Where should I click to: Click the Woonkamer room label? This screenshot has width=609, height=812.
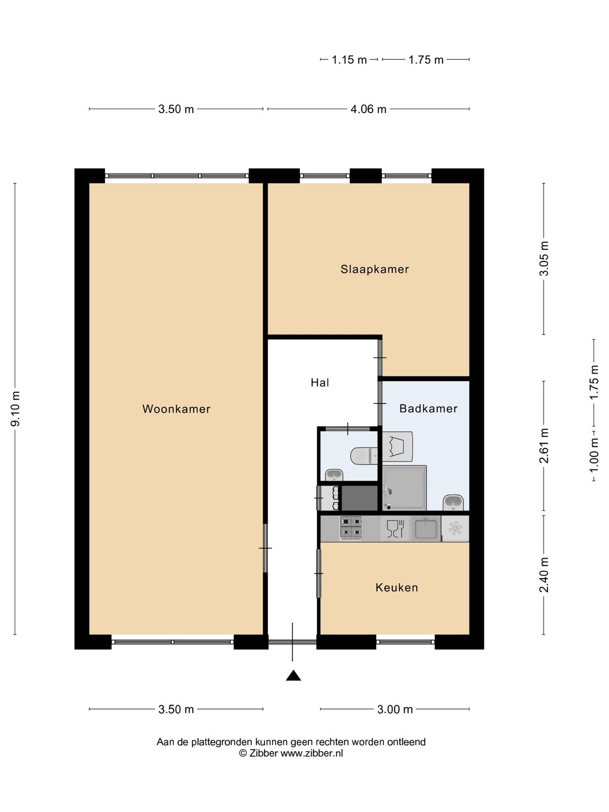(x=177, y=409)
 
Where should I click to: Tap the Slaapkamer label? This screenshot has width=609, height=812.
(x=375, y=269)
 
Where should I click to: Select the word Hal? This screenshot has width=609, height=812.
(x=320, y=382)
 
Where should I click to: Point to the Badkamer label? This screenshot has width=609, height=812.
(x=428, y=408)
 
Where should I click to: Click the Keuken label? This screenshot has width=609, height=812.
(x=397, y=587)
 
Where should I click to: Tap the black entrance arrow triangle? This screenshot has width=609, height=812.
(x=293, y=675)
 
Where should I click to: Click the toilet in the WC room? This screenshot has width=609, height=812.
(x=364, y=456)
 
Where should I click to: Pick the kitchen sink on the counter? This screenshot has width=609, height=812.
(x=426, y=528)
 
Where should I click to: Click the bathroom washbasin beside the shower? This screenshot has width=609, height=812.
(x=453, y=502)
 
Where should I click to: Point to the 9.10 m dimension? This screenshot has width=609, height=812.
(x=16, y=409)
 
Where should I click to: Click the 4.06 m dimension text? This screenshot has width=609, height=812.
(x=368, y=109)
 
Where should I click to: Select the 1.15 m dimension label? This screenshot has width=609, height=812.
(x=349, y=59)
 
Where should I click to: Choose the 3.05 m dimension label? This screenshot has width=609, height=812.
(x=544, y=258)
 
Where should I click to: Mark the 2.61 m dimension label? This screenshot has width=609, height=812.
(x=544, y=446)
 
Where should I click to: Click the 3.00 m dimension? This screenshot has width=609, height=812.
(x=395, y=709)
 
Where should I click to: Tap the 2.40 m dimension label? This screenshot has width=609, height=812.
(x=544, y=574)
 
